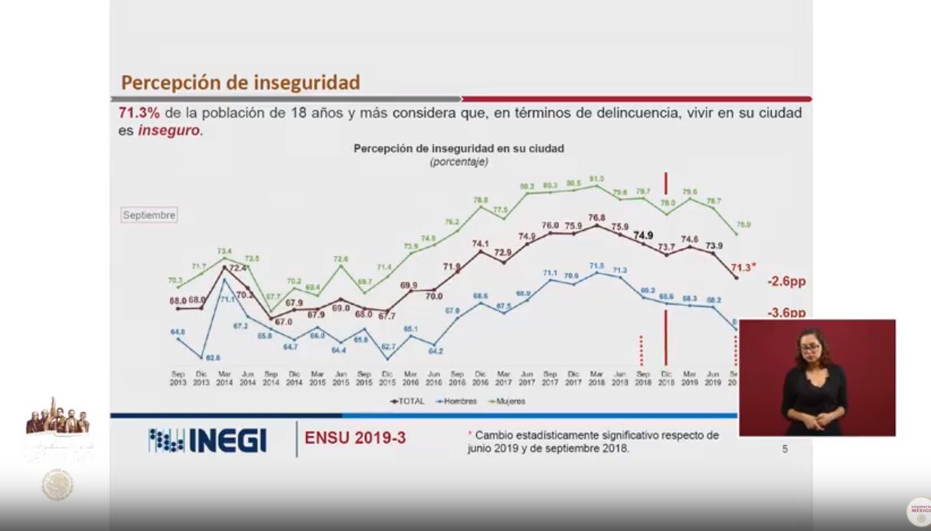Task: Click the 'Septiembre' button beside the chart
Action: coord(149,216)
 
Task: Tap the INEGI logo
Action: coord(207,440)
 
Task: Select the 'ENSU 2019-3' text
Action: coord(355,438)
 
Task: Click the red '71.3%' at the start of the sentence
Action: coord(139,113)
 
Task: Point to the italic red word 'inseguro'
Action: coord(169,131)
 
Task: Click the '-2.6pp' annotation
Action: coord(786,282)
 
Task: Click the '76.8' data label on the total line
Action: coord(596,217)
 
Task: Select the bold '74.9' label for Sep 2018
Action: coord(643,236)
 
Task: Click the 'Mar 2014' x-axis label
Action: coord(224,378)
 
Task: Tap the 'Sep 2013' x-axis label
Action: coord(178,378)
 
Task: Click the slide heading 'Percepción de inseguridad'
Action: coord(240,83)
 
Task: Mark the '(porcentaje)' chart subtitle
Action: coord(459,161)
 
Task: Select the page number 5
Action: coord(785,449)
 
